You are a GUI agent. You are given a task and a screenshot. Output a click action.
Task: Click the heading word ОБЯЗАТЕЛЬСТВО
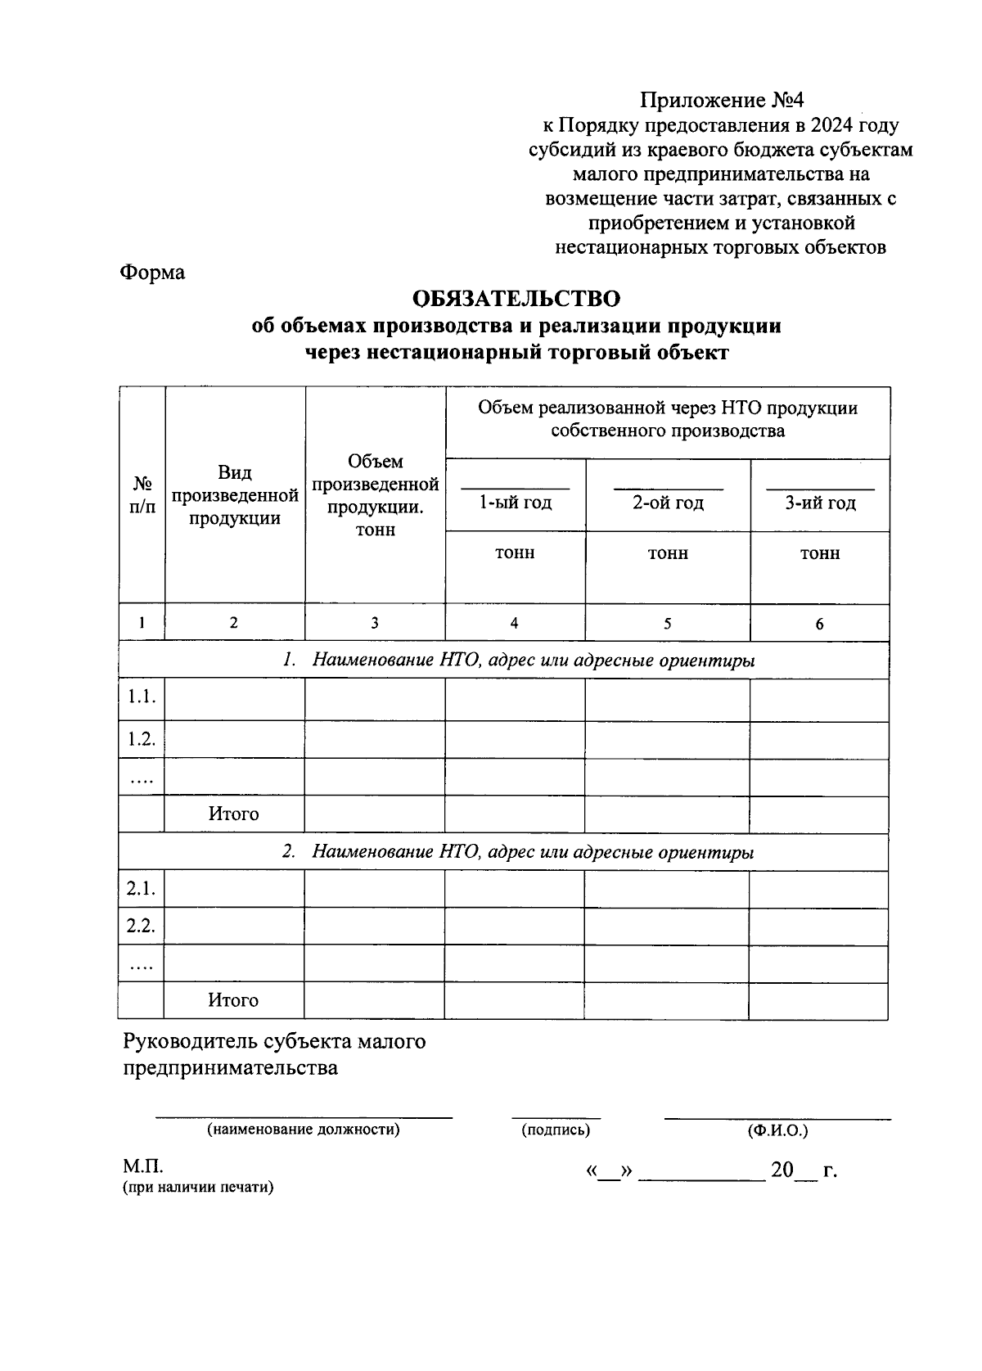516,298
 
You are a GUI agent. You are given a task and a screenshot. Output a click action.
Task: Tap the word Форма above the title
152,273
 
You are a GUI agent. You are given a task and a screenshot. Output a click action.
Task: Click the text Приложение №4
722,101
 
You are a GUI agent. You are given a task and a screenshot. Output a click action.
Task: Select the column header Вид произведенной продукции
235,495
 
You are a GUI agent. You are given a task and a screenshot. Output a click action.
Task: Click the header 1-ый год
515,503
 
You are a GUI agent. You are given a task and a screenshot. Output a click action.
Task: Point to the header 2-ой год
668,503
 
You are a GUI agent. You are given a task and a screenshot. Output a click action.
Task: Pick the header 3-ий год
820,503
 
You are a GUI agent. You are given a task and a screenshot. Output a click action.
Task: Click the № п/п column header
142,495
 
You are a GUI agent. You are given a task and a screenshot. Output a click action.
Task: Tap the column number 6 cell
819,624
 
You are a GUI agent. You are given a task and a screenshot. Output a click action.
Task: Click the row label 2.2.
141,926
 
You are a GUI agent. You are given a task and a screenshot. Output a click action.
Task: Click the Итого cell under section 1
233,814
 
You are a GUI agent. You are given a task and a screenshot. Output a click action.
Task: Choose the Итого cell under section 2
233,1000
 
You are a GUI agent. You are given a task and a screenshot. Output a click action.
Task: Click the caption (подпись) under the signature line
556,1130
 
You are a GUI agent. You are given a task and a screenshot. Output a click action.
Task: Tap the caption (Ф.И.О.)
777,1130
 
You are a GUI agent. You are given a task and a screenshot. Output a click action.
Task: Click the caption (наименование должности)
303,1130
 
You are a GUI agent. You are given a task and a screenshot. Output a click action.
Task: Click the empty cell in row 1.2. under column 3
374,739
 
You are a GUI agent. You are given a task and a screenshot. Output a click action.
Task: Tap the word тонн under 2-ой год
668,553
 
